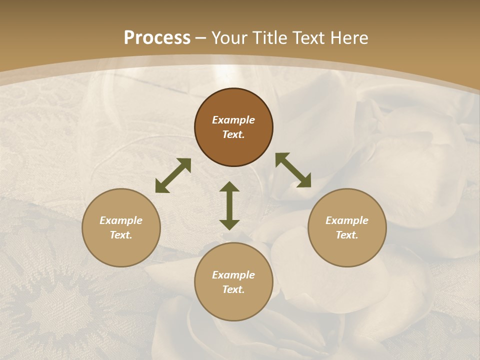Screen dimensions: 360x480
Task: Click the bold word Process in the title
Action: click(157, 38)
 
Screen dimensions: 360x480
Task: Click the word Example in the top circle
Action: click(233, 120)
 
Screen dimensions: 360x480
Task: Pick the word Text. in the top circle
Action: click(233, 134)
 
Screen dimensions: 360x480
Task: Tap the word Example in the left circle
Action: click(121, 220)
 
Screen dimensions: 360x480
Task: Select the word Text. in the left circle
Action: click(121, 235)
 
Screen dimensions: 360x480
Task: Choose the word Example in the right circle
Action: click(347, 220)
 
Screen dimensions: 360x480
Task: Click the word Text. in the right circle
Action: click(347, 235)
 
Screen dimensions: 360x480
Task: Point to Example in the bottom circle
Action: click(233, 275)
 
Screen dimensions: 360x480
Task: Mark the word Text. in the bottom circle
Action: click(233, 289)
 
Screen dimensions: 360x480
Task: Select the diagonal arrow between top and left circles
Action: click(173, 175)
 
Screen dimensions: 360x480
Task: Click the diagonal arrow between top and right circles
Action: click(293, 170)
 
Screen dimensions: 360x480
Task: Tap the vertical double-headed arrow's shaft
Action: click(229, 205)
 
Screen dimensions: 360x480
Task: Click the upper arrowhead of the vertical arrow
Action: click(229, 187)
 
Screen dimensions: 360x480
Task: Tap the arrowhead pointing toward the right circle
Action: click(305, 181)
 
